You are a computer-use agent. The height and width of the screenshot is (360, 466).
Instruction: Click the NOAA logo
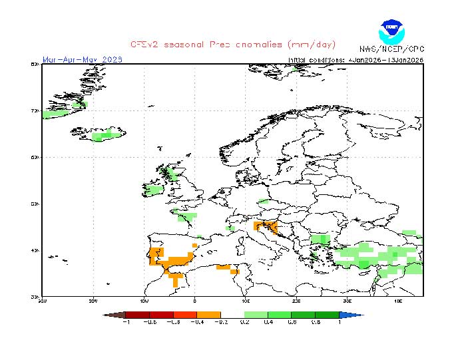click(x=391, y=31)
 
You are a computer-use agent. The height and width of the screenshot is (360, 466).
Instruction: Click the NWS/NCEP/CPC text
click(x=391, y=49)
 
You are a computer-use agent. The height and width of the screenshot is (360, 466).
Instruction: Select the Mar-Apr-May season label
click(x=83, y=59)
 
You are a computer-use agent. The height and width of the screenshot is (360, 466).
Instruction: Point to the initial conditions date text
click(x=355, y=59)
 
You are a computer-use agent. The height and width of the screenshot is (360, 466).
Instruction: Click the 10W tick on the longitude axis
click(x=144, y=301)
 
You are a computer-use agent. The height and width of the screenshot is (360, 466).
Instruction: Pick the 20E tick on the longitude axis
click(x=296, y=301)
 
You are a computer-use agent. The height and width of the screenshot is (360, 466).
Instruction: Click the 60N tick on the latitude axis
click(x=35, y=157)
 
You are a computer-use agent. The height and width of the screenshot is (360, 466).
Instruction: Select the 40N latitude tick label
click(x=35, y=250)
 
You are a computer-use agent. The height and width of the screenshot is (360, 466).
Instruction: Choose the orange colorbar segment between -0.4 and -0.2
click(x=209, y=315)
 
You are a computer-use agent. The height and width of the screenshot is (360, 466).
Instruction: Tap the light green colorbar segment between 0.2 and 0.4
click(x=256, y=315)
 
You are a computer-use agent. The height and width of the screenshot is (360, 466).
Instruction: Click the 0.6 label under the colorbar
click(x=304, y=322)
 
